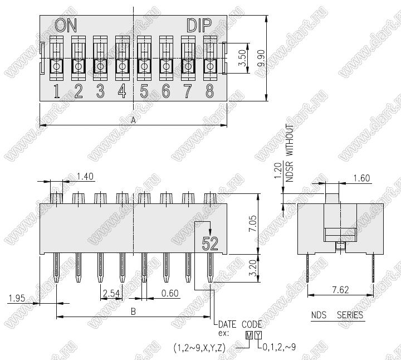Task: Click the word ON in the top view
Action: (x=66, y=25)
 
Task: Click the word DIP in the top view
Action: (x=199, y=25)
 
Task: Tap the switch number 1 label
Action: (x=57, y=91)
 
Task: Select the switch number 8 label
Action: (x=210, y=91)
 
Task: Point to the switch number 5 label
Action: (x=144, y=91)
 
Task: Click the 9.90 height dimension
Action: (x=261, y=58)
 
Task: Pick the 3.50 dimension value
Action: (x=242, y=58)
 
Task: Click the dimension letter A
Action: (x=133, y=120)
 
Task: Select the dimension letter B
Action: (x=133, y=312)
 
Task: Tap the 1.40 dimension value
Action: (x=85, y=177)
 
